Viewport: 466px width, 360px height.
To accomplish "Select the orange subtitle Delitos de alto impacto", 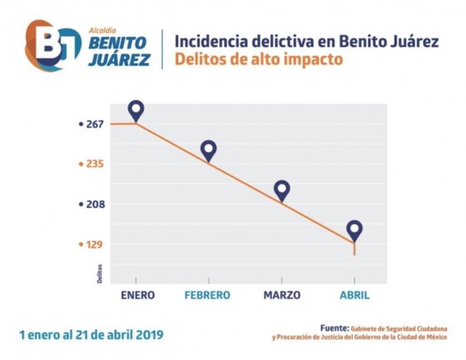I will [258, 59].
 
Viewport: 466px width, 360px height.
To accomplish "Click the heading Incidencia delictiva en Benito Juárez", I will [306, 41].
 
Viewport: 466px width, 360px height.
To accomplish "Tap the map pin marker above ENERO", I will [136, 110].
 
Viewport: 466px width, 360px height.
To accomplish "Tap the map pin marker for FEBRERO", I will [208, 150].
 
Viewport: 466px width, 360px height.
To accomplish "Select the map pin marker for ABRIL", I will [355, 230].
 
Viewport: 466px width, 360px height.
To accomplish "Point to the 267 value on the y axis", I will [95, 124].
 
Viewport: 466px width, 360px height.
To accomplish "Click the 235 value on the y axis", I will [95, 164].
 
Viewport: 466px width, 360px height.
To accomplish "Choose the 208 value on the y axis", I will [95, 204].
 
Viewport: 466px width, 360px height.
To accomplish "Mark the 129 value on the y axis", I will [95, 244].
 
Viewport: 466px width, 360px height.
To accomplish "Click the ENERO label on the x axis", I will [138, 295].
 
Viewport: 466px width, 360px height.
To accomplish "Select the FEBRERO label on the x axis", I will [207, 295].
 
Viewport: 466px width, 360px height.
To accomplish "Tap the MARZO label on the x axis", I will [282, 295].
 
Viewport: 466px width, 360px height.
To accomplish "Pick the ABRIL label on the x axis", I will [354, 295].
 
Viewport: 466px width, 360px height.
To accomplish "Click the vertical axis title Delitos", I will [99, 273].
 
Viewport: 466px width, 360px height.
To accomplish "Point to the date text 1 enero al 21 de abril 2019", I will [91, 334].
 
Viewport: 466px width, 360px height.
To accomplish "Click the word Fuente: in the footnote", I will [334, 328].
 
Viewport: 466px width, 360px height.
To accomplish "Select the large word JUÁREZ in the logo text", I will [119, 59].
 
